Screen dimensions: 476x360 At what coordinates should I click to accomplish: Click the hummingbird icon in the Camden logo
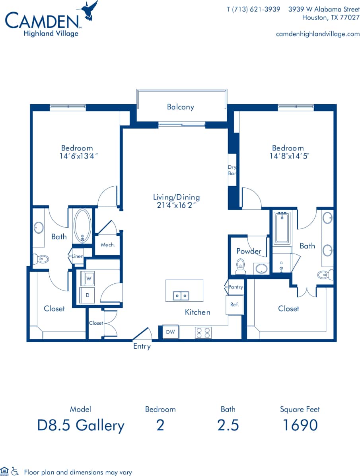point(90,10)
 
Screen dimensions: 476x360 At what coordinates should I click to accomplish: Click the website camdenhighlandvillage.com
point(317,34)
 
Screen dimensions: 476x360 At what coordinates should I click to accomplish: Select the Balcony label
point(181,107)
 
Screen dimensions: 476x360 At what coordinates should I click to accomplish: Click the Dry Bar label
point(232,170)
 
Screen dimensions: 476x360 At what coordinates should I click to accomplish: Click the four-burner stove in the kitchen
point(203,332)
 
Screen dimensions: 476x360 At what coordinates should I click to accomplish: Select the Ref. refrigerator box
point(234,304)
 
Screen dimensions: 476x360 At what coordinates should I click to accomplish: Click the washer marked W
point(88,279)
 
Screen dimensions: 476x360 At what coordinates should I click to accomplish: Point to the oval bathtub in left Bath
point(82,226)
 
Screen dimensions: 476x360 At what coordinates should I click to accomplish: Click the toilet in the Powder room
point(240,267)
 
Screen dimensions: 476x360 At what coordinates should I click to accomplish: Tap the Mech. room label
point(108,245)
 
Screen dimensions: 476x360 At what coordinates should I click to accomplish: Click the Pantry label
point(235,287)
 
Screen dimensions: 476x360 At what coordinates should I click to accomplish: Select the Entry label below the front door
point(142,346)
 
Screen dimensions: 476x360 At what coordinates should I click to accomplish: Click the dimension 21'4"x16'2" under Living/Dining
point(176,205)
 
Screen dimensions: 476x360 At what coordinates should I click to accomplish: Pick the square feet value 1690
point(300,425)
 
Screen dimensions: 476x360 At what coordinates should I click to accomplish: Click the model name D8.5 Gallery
point(81,425)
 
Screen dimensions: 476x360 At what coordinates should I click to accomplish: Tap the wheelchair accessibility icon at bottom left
point(15,471)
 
